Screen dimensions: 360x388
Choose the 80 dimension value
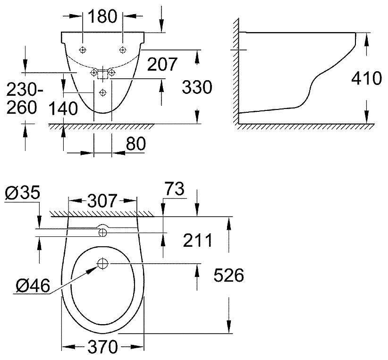click(135, 144)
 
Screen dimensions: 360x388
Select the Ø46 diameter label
click(32, 285)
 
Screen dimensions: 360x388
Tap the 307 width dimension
click(102, 201)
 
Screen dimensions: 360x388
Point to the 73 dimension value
click(175, 190)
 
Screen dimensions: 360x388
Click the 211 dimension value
click(197, 240)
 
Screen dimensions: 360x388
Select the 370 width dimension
click(102, 348)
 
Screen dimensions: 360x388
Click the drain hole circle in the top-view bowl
click(103, 263)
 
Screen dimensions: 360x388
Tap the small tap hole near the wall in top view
click(102, 232)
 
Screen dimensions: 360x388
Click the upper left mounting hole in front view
click(83, 50)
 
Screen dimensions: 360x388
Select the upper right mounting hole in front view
click(123, 50)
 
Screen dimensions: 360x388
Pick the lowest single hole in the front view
click(103, 92)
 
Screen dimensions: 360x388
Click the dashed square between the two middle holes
click(103, 74)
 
